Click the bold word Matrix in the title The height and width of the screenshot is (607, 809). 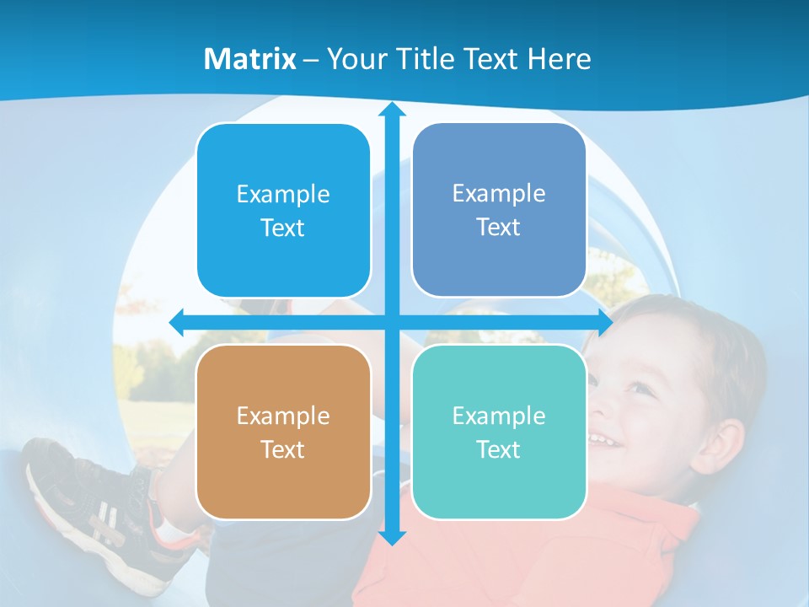click(250, 59)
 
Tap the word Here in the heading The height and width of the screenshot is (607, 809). click(560, 59)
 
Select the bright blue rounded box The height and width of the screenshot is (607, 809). click(283, 211)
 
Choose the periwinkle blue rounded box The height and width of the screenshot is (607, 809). click(499, 210)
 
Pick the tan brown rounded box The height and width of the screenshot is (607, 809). click(283, 432)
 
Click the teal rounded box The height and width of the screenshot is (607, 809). click(499, 432)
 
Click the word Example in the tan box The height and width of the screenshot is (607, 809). click(283, 416)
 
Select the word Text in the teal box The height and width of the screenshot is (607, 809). click(499, 449)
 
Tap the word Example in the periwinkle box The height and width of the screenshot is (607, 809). click(499, 193)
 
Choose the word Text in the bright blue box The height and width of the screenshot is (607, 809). click(283, 228)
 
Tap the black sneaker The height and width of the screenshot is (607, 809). click(84, 497)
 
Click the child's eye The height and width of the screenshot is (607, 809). click(641, 389)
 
